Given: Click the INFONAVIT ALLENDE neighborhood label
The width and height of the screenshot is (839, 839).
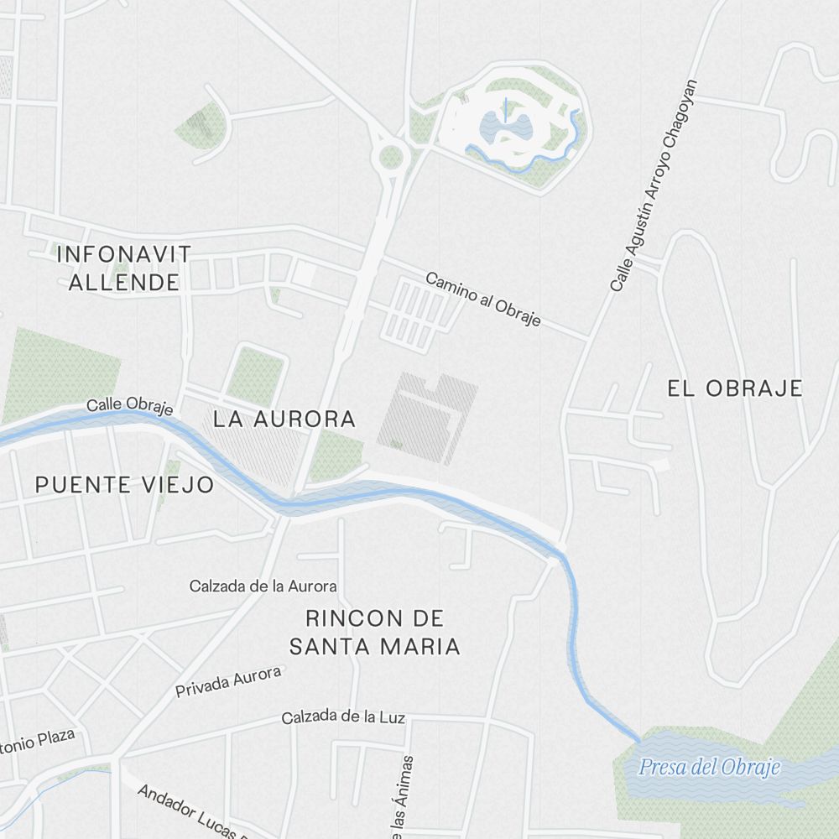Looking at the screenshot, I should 124,268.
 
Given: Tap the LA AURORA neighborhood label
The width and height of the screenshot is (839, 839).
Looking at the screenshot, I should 284,419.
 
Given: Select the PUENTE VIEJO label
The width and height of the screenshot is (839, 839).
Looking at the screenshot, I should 124,485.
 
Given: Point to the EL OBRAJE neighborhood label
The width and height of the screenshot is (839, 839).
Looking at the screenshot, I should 735,388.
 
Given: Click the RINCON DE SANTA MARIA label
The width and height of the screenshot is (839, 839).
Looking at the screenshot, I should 374,633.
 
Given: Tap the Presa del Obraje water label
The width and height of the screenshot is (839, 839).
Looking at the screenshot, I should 709,767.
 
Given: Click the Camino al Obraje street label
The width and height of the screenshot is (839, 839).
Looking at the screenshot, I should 483,300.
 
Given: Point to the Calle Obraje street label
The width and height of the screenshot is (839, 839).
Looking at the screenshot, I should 129,406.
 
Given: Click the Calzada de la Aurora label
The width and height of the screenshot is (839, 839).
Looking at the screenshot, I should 263,586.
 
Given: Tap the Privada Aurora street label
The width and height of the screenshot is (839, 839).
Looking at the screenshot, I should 228,682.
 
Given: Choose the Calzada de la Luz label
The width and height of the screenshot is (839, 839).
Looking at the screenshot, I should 343,717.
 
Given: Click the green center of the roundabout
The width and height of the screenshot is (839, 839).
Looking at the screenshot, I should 391,156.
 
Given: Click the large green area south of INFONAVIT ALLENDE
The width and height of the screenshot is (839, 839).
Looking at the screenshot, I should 59,373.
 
